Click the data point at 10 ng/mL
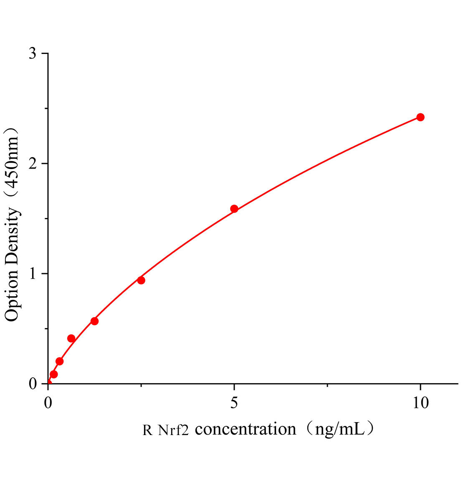point(420,117)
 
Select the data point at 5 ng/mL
point(234,209)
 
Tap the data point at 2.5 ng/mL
point(141,280)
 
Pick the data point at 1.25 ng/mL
point(94,321)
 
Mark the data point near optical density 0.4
point(71,338)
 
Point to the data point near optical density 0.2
point(59,361)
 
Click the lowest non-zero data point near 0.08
point(53,374)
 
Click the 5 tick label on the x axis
point(234,402)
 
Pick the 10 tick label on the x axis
point(420,402)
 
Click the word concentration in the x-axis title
point(246,429)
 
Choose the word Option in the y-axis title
point(12,295)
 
